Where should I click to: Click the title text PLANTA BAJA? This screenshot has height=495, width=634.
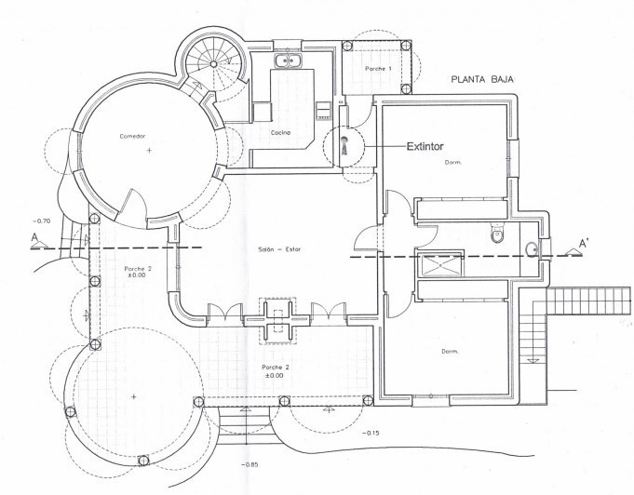482,79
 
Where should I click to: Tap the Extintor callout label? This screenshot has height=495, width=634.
425,146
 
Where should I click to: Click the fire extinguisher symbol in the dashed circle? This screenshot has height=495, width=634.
344,145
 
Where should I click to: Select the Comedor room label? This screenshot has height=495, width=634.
132,136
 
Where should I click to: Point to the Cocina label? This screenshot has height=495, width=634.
280,132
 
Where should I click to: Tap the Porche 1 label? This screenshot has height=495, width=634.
378,69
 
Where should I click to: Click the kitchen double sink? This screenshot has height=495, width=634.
288,60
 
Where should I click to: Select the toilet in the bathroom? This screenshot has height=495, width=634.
497,234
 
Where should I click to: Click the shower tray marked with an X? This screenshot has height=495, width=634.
439,264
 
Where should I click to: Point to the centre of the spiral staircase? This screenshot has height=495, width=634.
213,64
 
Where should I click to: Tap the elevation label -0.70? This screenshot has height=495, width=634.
42,221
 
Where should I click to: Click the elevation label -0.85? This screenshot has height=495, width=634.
250,464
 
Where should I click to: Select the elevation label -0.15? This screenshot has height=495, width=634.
371,434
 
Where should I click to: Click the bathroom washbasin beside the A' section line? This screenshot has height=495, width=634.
533,249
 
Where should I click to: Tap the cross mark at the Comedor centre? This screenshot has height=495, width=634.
149,151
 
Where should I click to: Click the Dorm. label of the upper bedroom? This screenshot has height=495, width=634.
453,163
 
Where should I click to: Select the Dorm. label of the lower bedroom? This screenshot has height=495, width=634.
450,352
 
